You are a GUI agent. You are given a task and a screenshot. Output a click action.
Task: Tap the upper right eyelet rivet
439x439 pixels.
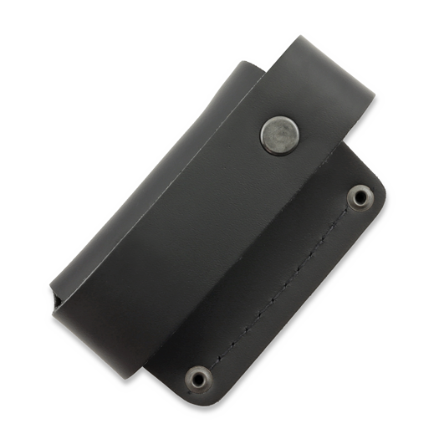click(362, 196)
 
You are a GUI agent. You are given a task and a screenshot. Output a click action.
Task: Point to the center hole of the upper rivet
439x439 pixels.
click(362, 196)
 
